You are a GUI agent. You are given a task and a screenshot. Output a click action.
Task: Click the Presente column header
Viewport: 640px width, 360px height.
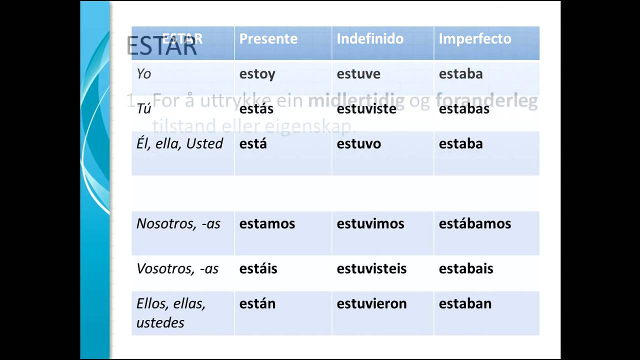tap(268, 39)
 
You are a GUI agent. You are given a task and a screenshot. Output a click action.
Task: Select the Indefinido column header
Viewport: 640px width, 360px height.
tap(370, 39)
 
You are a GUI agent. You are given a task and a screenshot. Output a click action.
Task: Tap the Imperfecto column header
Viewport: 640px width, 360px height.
tap(475, 39)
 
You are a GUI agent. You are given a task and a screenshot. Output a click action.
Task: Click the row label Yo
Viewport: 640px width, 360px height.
tap(143, 74)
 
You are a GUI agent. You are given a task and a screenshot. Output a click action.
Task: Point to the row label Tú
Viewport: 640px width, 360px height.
tap(143, 109)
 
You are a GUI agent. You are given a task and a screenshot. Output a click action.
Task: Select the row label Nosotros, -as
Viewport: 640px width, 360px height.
tap(178, 223)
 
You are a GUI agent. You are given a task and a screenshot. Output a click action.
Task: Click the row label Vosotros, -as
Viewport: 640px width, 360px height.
tap(177, 268)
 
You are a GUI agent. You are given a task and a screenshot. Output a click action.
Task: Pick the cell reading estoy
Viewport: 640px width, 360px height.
tap(257, 74)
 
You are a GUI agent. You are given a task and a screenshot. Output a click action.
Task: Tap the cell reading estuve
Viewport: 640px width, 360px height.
tap(358, 74)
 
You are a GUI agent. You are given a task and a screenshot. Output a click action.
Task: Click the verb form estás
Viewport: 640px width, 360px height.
tap(256, 109)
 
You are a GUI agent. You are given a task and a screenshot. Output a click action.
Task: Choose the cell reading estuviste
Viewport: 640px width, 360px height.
tap(366, 109)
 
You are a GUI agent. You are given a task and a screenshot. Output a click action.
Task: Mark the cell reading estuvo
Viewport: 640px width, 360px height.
tap(358, 144)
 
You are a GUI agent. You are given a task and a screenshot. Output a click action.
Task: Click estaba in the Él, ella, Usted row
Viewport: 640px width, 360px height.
tap(460, 144)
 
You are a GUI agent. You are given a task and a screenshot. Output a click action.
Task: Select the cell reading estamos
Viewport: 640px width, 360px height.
tap(267, 223)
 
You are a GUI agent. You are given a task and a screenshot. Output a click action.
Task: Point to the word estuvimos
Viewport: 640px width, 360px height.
tap(370, 223)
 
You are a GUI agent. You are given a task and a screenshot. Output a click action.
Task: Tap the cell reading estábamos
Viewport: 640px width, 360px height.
tap(474, 223)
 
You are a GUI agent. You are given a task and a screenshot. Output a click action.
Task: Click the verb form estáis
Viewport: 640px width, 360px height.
tap(257, 268)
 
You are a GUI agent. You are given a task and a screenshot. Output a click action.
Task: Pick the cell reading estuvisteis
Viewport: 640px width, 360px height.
tap(371, 268)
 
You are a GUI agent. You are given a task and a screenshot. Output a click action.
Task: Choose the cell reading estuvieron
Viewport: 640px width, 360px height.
tap(371, 303)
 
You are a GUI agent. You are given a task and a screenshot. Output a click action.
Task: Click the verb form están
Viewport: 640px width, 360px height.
tap(257, 303)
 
